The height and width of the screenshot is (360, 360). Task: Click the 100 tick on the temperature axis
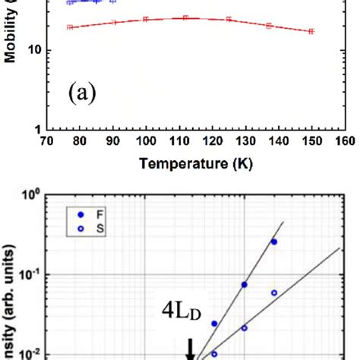tap(145, 141)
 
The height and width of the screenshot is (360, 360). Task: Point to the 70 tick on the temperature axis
tap(46, 141)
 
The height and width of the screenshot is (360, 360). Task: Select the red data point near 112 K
tap(185, 17)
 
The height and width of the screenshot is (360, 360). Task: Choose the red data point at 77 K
tap(69, 27)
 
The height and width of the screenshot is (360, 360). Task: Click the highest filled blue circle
tap(274, 242)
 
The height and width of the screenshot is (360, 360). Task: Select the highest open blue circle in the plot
tap(274, 292)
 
